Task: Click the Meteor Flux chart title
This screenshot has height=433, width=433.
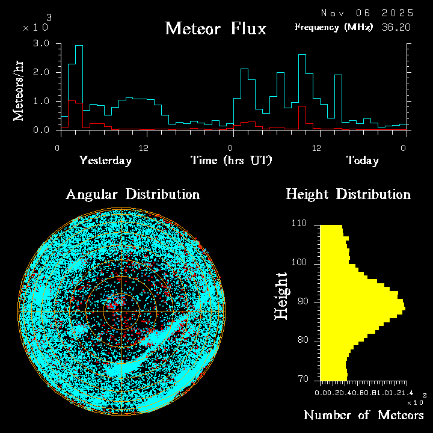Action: pos(215,28)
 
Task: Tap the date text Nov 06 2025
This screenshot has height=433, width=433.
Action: pos(367,13)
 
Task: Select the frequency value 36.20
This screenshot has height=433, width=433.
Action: pos(398,27)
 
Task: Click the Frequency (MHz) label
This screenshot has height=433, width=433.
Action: pos(334,27)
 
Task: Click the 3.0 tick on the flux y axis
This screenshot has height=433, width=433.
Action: pos(41,44)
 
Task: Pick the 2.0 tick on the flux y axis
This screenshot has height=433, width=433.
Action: pos(41,73)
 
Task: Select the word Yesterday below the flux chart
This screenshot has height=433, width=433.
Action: pos(105,161)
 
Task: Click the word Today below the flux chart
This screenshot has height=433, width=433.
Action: pos(362,161)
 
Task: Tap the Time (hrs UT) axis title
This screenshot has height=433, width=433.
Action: pos(231,161)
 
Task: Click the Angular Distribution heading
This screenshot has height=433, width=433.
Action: pos(133,194)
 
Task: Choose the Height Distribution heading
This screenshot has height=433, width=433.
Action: pos(348,194)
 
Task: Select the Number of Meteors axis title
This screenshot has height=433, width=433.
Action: pos(363,415)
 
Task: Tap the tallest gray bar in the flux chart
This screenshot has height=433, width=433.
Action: pos(79,84)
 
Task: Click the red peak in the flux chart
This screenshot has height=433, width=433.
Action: pos(302,114)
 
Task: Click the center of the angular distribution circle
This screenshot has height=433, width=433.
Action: pos(121,313)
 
